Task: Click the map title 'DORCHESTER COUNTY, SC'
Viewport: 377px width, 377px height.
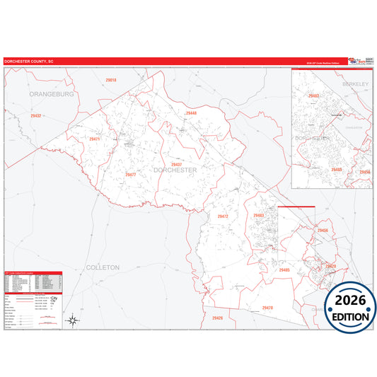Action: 29,62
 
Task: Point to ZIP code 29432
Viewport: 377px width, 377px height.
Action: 36,115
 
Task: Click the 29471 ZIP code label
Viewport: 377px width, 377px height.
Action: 95,139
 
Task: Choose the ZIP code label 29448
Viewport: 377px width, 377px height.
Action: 190,113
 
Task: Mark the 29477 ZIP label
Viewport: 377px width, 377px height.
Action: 130,174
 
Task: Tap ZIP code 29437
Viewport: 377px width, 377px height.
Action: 176,164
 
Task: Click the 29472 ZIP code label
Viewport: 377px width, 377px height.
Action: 223,216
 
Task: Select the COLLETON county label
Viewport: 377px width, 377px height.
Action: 103,267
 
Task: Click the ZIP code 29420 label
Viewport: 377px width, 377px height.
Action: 330,266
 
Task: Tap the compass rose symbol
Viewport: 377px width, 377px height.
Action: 73,321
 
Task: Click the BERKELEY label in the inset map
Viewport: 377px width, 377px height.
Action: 356,84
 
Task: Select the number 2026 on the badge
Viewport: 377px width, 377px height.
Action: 350,301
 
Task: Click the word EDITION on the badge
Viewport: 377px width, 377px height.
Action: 350,317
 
